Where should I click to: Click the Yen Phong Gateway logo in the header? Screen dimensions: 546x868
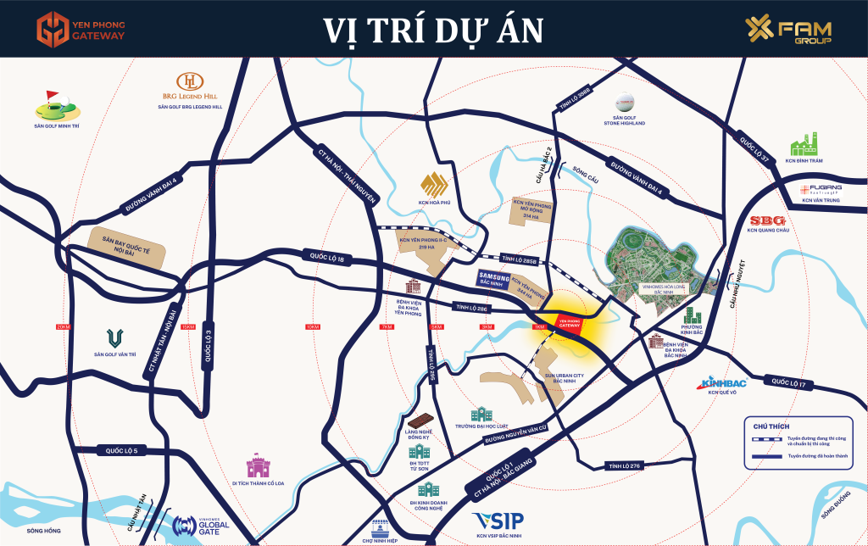point(81,27)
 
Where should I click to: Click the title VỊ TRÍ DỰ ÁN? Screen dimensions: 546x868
point(433,29)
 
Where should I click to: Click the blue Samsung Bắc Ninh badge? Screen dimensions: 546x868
point(493,279)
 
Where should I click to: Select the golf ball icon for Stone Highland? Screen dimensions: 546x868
point(624,101)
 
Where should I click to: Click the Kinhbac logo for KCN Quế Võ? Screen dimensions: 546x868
point(724,383)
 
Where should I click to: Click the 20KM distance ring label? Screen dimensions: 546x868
point(63,326)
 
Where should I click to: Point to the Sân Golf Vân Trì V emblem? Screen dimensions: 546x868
point(114,339)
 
